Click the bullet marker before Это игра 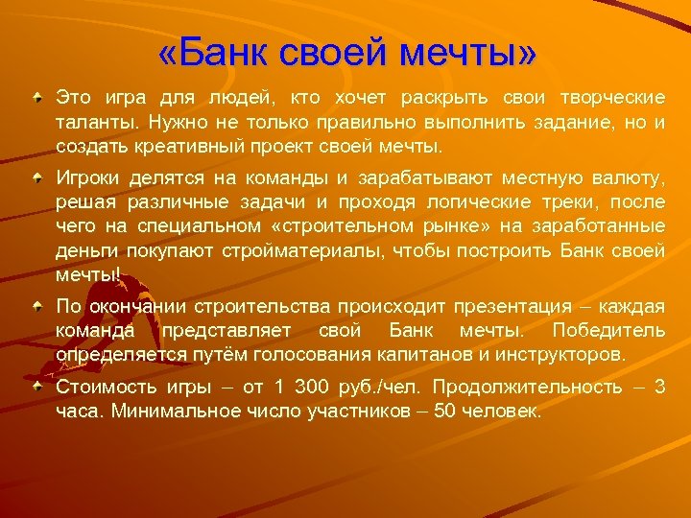(x=36, y=99)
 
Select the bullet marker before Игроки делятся (x=36, y=178)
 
